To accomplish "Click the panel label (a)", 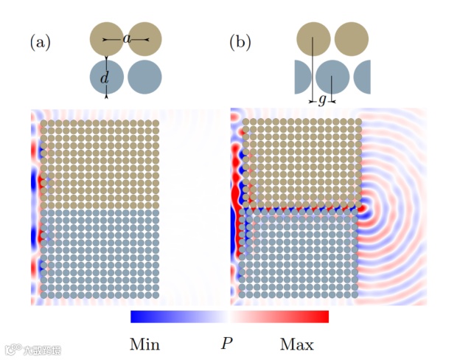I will click(x=40, y=43).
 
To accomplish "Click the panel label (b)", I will click(x=240, y=43).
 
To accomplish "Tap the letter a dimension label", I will click(x=127, y=38).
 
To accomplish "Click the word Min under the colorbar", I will click(x=144, y=345).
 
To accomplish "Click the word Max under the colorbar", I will click(x=296, y=345).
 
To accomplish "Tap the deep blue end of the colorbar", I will click(x=136, y=316).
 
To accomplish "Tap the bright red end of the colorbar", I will click(x=323, y=316).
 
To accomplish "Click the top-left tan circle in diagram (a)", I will click(x=106, y=38).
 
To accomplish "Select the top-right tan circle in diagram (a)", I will click(x=144, y=38).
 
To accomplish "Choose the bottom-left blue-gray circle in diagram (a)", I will click(x=106, y=77).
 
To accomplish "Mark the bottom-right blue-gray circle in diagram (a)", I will click(x=144, y=77).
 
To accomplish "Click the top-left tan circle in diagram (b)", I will click(x=313, y=38).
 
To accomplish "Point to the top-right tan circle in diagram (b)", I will click(x=351, y=38).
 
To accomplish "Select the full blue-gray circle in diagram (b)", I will click(x=332, y=77).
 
